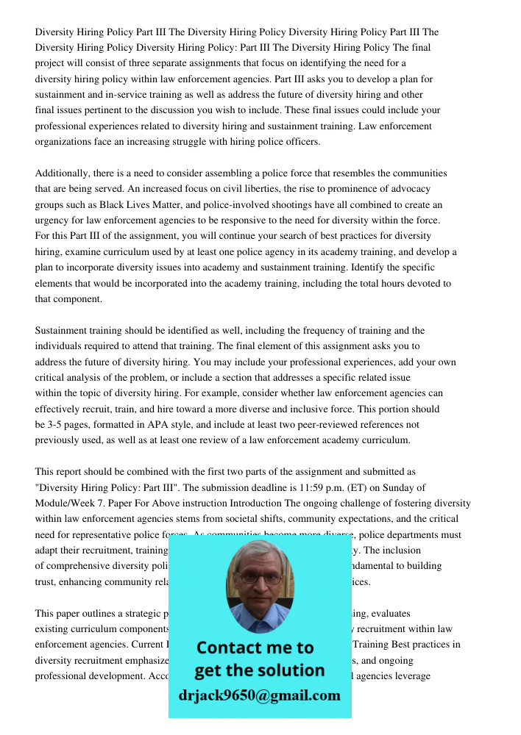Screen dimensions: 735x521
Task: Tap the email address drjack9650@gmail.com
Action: [x=259, y=695]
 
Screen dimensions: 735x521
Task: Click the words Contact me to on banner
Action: [x=255, y=648]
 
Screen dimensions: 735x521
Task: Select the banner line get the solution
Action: [x=259, y=670]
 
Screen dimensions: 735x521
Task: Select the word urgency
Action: [x=53, y=220]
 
